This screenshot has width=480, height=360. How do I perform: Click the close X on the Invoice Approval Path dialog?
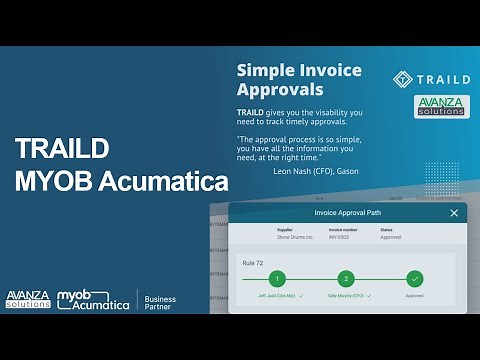(x=454, y=213)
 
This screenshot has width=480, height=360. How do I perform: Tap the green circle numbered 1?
(x=276, y=279)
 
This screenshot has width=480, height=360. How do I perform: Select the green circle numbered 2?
(x=345, y=279)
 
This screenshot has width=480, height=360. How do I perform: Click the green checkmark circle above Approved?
(x=415, y=279)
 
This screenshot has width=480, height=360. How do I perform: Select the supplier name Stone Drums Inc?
(x=294, y=238)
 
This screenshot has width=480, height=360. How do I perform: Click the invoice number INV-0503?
(x=340, y=238)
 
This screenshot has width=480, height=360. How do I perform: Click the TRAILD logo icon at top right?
(x=402, y=78)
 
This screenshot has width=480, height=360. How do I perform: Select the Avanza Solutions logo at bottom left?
(x=26, y=299)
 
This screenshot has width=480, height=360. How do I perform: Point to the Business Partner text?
(x=160, y=304)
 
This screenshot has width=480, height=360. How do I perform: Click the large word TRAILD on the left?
(x=63, y=148)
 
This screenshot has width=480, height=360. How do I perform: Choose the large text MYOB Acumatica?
(x=121, y=183)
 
